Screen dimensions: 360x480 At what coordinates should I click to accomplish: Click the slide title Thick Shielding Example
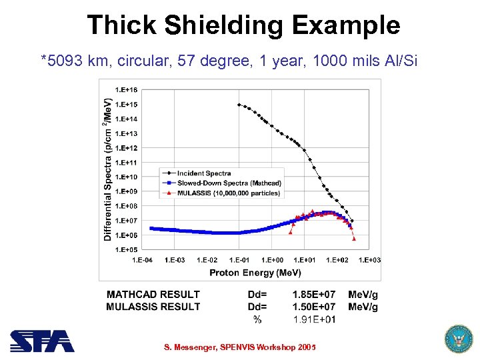coord(243,25)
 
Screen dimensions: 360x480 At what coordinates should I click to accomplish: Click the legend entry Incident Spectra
coord(204,173)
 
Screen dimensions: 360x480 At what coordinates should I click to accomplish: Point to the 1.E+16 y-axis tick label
coord(127,89)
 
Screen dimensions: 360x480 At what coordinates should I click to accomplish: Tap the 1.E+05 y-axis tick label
coord(127,249)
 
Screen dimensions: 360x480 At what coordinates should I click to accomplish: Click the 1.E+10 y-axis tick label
coord(127,177)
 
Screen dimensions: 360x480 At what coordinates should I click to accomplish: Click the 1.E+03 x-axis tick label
coord(369,260)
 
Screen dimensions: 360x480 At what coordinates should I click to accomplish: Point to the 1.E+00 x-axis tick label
coord(272,260)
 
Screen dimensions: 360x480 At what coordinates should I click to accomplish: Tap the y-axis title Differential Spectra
coord(107,169)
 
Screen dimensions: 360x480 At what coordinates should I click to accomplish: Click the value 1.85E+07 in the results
coord(313,294)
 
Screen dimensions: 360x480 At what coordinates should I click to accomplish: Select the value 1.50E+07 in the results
coord(313,307)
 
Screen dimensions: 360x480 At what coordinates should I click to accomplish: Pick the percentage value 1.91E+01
coord(314,319)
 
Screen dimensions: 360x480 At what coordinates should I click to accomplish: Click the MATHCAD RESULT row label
coord(153,294)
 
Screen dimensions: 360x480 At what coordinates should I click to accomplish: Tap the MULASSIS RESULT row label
coord(153,307)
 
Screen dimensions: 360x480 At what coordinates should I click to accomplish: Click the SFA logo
coord(41,341)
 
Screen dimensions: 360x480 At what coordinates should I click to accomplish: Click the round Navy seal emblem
coord(457,339)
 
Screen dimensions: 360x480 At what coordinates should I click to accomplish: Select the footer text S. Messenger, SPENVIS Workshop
coord(239,347)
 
